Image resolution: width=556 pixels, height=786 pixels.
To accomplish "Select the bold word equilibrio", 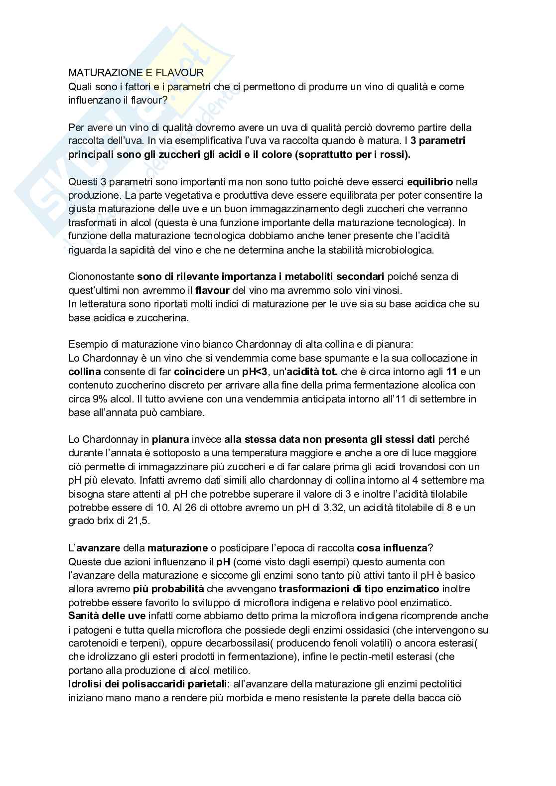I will (430, 182).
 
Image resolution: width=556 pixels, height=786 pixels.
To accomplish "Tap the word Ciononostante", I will (101, 276).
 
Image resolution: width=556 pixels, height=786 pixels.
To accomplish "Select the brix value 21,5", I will (138, 521).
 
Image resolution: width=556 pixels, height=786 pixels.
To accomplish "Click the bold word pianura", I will (170, 439).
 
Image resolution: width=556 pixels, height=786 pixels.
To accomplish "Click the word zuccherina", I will (165, 317).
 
